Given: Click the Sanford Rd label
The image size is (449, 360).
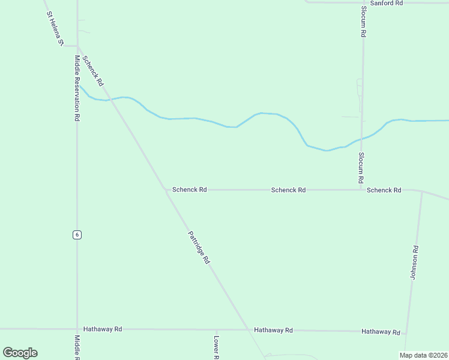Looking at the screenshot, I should pos(386,3).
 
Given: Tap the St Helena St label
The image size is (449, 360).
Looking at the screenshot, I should pos(53,28).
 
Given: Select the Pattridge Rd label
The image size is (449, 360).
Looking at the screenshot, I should pos(198,248).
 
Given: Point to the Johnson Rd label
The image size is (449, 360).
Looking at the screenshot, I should pos(414,262).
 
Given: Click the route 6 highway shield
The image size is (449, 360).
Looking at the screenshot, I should pos(77,235).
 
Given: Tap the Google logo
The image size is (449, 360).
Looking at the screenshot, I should pos(20,353).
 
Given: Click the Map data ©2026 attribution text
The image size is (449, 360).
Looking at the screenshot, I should pos(423,355).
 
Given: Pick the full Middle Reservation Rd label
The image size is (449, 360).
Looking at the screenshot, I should pos(77,88).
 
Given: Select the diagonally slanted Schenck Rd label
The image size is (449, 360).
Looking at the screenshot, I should pos(94,70).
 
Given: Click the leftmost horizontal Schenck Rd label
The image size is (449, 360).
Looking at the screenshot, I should pos(189,190).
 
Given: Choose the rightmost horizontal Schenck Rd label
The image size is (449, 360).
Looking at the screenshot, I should pos(384,190).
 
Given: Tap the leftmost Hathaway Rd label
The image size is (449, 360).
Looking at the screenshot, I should pos(103,329).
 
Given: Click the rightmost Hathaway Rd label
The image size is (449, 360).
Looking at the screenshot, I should pos(381,332).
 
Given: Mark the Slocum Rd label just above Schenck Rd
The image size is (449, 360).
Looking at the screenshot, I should pos(361,167).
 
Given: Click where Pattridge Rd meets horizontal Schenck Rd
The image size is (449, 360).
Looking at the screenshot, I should pos(166,190).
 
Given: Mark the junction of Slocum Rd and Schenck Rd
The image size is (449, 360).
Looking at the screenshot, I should pos(361,190).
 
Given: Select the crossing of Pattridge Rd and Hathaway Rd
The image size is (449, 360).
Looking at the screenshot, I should pos(247,329).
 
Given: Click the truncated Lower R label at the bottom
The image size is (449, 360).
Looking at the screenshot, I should pos(216,347).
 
